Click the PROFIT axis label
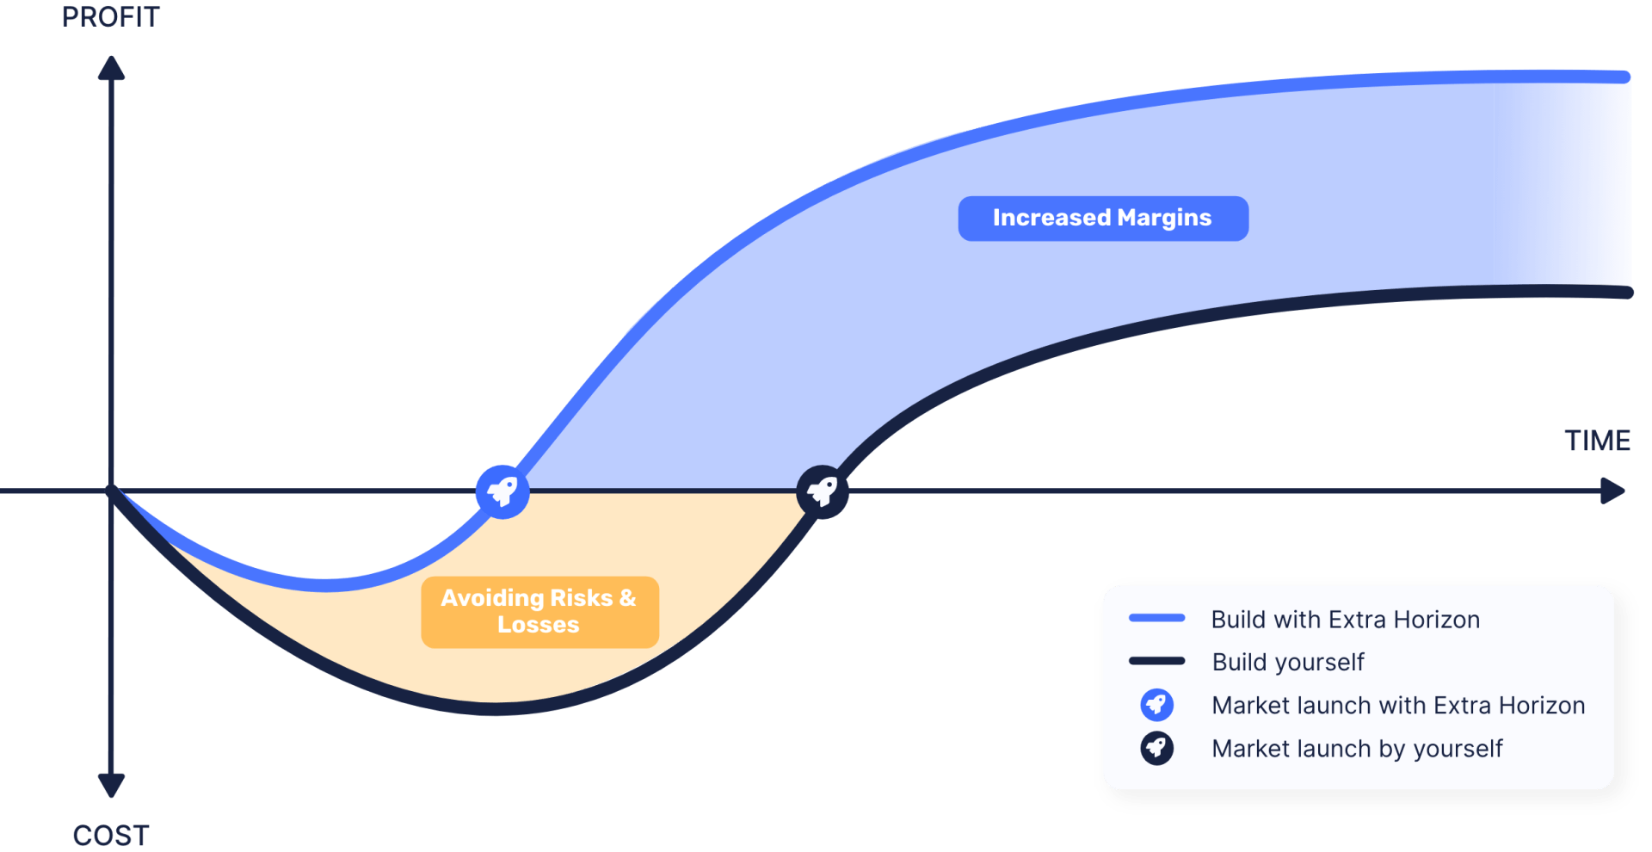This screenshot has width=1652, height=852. click(x=111, y=17)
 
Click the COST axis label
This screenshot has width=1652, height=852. click(x=111, y=835)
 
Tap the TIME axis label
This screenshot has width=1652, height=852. click(x=1597, y=441)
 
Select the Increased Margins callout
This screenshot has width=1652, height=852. click(x=1102, y=218)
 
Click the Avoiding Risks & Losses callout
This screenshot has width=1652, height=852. click(x=539, y=612)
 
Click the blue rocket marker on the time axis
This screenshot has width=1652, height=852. click(x=502, y=491)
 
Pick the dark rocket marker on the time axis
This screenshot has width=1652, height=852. click(x=823, y=491)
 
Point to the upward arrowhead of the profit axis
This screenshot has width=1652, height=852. click(x=111, y=69)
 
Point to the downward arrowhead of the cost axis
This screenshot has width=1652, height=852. click(x=111, y=784)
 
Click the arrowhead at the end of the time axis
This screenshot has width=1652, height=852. click(x=1612, y=491)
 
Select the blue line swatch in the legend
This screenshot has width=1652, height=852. click(x=1156, y=618)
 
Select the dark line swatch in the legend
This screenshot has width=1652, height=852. click(x=1156, y=661)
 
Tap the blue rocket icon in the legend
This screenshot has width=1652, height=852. click(x=1156, y=705)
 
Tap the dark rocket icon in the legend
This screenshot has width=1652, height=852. click(x=1156, y=748)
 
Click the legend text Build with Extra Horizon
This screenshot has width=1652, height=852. click(x=1345, y=620)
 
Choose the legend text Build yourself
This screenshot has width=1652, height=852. click(x=1288, y=662)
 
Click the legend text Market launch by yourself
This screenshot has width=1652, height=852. click(x=1357, y=749)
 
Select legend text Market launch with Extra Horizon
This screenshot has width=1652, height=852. click(x=1398, y=706)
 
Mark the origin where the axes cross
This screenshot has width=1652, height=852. click(x=112, y=491)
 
